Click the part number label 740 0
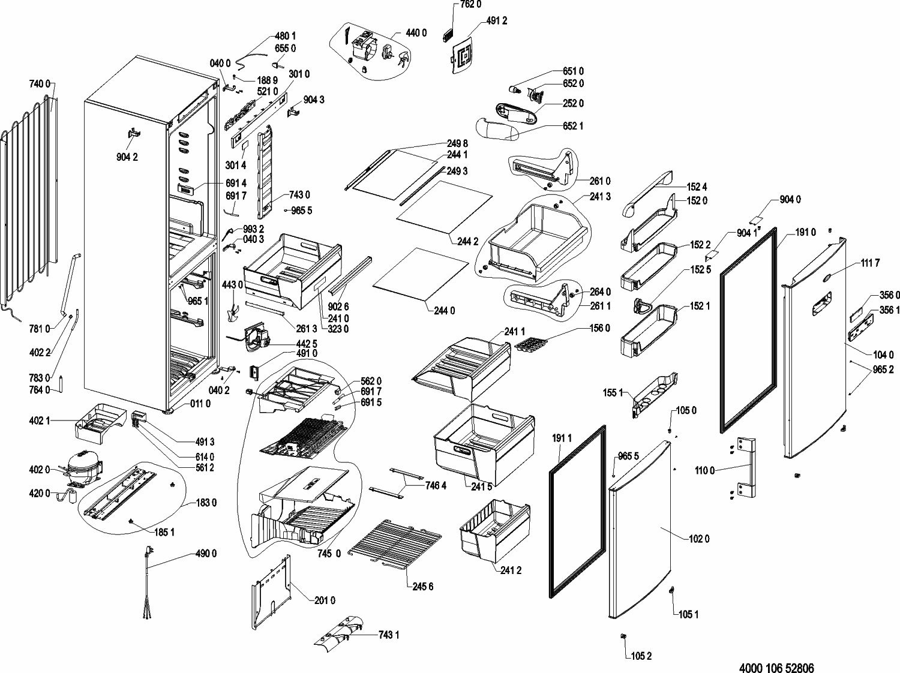click(x=40, y=85)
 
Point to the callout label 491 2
click(x=497, y=22)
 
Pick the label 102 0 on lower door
click(x=699, y=539)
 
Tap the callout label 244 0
click(x=444, y=311)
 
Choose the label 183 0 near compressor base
click(x=206, y=503)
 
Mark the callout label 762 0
click(x=471, y=5)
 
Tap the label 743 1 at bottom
click(x=389, y=635)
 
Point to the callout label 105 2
click(x=641, y=656)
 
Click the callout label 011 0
click(x=200, y=404)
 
